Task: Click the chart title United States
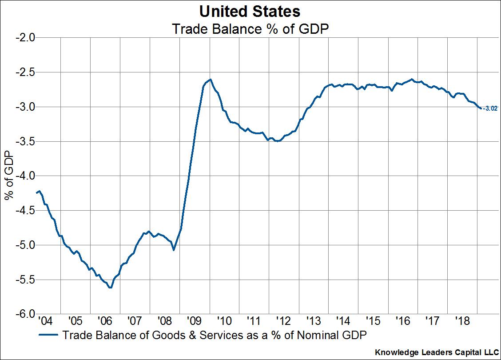coord(250,11)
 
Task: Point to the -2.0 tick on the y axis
coord(26,37)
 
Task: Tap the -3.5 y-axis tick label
coord(26,141)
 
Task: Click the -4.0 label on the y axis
coord(26,176)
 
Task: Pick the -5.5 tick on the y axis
coord(26,280)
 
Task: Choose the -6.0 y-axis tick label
coord(26,315)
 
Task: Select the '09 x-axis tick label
coord(194,320)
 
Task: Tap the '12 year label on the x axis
coord(283,320)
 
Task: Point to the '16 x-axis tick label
coord(402,320)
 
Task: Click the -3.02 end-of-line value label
coord(489,108)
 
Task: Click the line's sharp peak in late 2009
coord(210,80)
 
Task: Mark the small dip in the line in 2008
coord(173,250)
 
